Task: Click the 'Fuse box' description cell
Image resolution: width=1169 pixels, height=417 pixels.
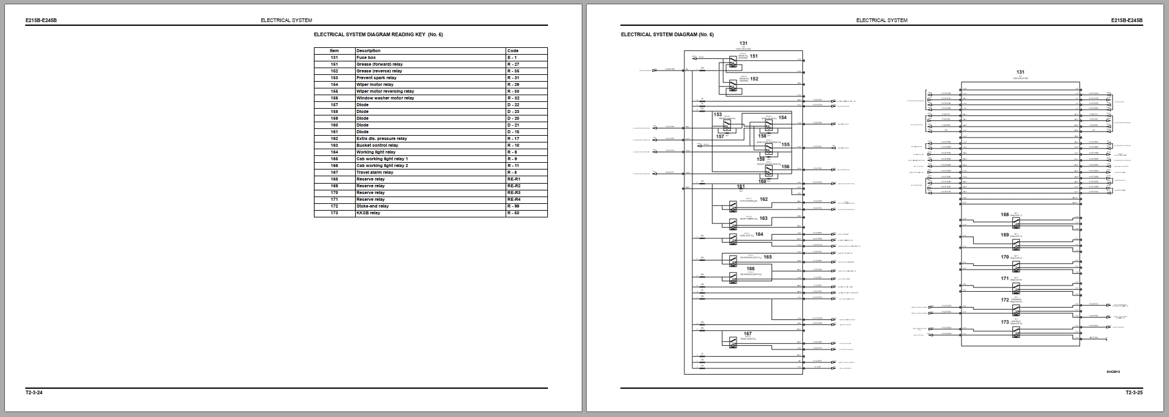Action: click(x=366, y=57)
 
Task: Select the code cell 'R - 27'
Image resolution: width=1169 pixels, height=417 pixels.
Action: click(x=514, y=64)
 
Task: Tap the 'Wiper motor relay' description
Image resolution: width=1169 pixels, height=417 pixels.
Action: click(x=375, y=84)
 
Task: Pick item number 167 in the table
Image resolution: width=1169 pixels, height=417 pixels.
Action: click(x=334, y=172)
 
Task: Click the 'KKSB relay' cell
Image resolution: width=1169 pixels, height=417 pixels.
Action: click(x=368, y=212)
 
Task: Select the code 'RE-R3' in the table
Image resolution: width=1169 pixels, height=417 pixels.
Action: click(x=514, y=192)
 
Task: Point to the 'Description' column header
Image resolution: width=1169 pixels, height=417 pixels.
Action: click(x=368, y=50)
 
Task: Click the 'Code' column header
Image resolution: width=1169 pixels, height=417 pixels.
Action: click(x=512, y=50)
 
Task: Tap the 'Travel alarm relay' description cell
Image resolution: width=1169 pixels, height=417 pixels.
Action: click(x=375, y=172)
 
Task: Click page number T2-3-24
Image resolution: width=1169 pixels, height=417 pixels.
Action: click(x=34, y=392)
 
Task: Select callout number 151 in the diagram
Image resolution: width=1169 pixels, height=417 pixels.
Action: click(x=754, y=56)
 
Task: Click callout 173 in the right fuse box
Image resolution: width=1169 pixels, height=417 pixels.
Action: click(x=1005, y=322)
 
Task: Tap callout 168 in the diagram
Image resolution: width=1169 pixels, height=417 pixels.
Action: click(x=1005, y=214)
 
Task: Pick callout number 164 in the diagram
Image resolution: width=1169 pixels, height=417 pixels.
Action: click(x=759, y=234)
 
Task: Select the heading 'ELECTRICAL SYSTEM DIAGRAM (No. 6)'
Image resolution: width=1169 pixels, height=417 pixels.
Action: click(x=667, y=34)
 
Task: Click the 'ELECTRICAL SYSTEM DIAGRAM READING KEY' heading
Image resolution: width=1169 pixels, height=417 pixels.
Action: click(x=378, y=34)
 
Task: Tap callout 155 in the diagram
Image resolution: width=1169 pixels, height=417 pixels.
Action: click(x=785, y=145)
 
